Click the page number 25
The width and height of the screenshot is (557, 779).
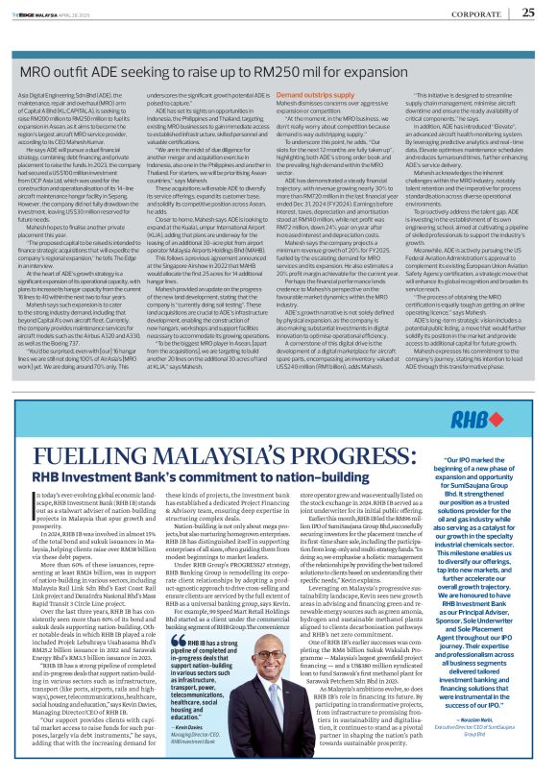pos(529,12)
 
